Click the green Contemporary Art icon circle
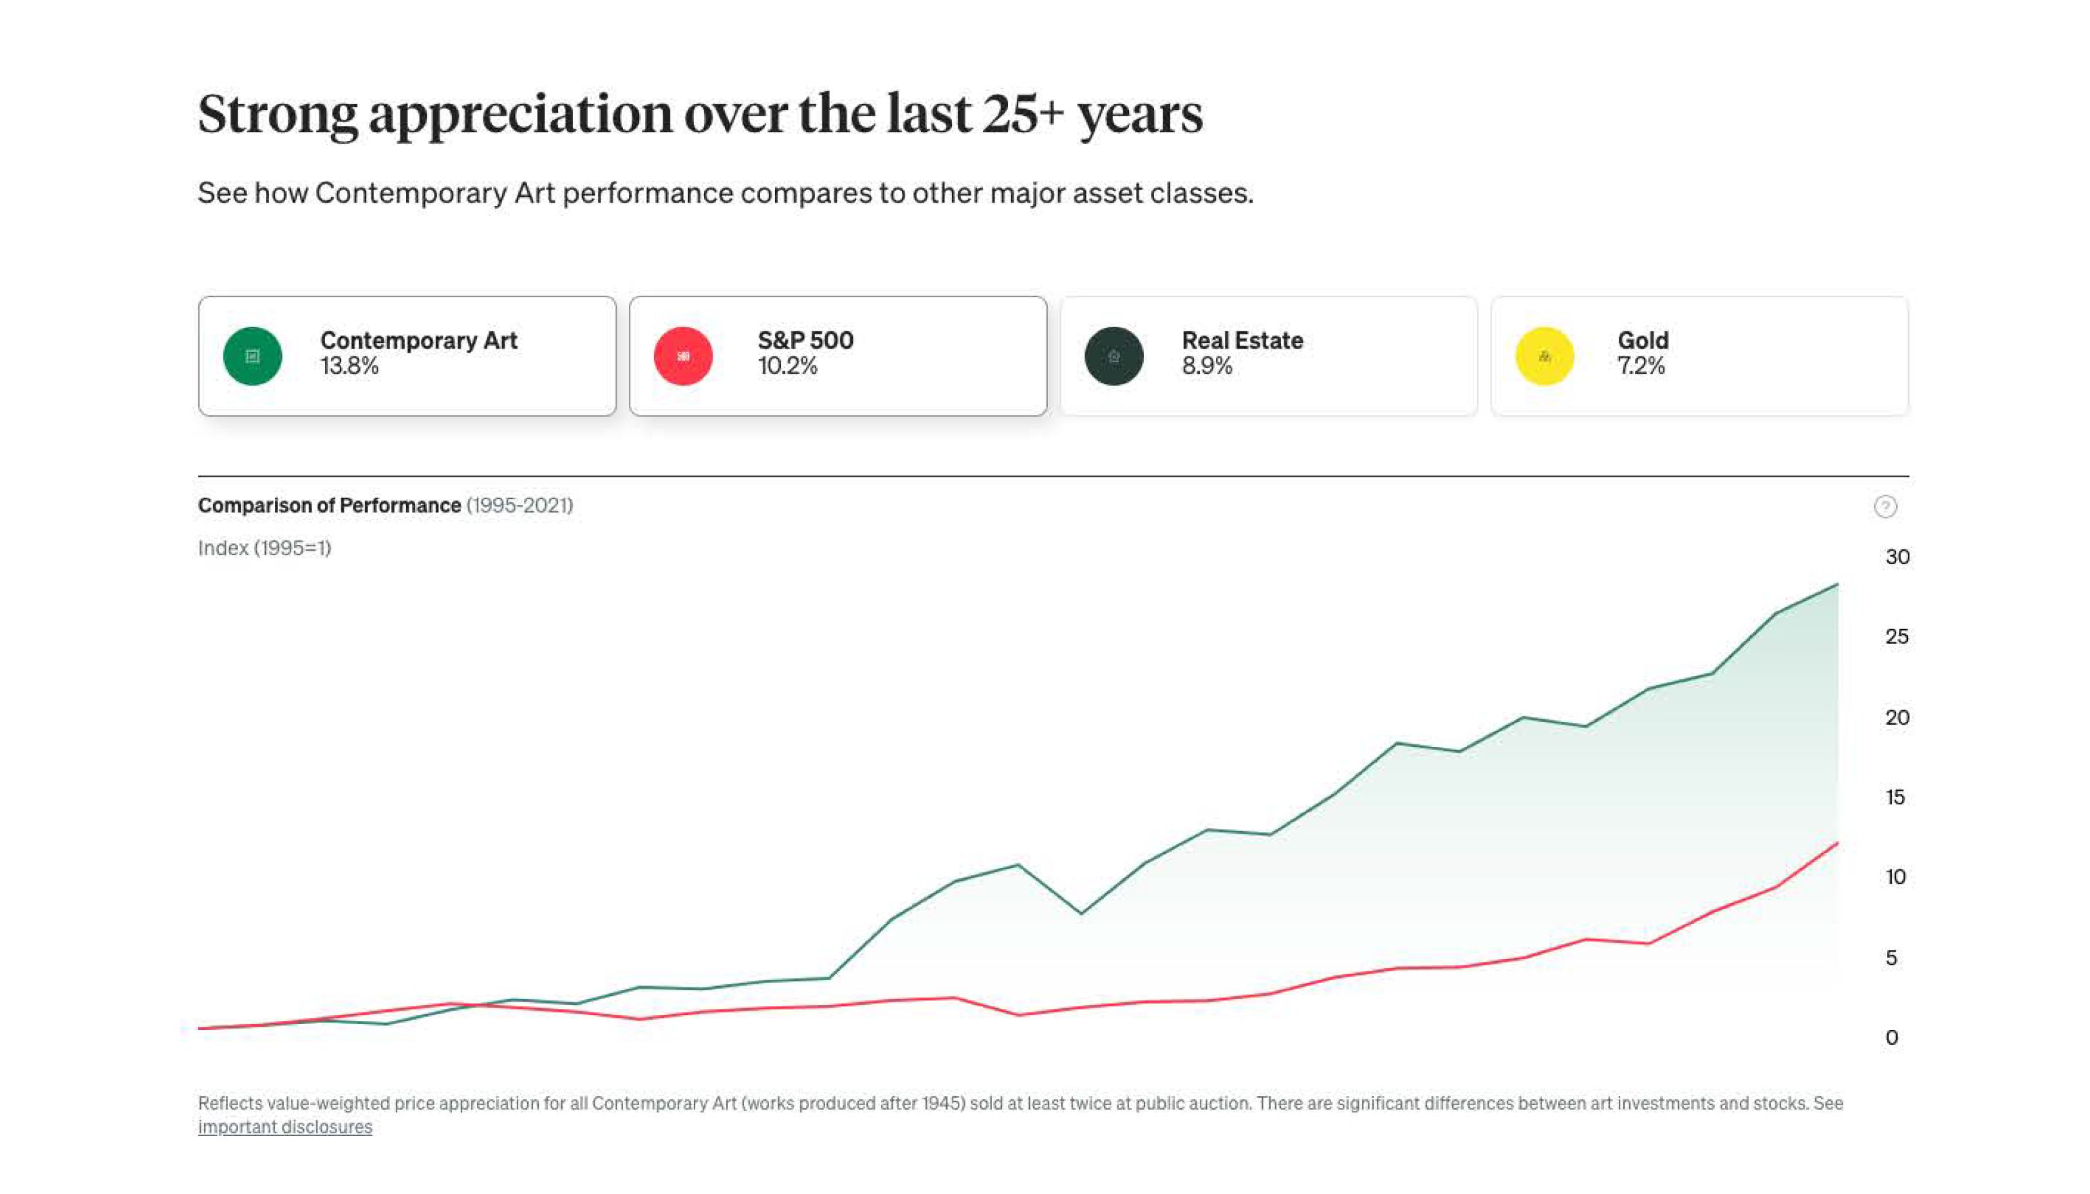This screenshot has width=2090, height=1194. [x=252, y=356]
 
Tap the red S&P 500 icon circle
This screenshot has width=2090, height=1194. [x=684, y=356]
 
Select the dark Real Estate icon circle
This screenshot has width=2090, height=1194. [x=1114, y=356]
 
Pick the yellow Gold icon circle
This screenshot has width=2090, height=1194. [x=1545, y=356]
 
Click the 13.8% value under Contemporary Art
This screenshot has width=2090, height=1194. [x=350, y=367]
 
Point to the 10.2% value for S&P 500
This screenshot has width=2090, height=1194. [x=787, y=367]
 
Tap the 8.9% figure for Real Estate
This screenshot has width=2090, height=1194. [x=1207, y=367]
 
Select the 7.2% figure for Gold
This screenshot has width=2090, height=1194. [x=1641, y=367]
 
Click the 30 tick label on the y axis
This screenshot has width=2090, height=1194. [x=1898, y=558]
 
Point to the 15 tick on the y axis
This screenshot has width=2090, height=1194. [x=1895, y=797]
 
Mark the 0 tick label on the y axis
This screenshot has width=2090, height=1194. [x=1892, y=1038]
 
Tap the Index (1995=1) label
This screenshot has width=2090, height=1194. [x=264, y=548]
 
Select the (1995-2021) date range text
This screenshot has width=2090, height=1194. [x=519, y=505]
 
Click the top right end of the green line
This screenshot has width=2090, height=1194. [x=1838, y=585]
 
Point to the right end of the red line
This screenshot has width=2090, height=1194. [x=1838, y=843]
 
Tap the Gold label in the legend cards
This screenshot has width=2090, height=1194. [x=1643, y=340]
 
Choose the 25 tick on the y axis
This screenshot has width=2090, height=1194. [x=1896, y=636]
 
